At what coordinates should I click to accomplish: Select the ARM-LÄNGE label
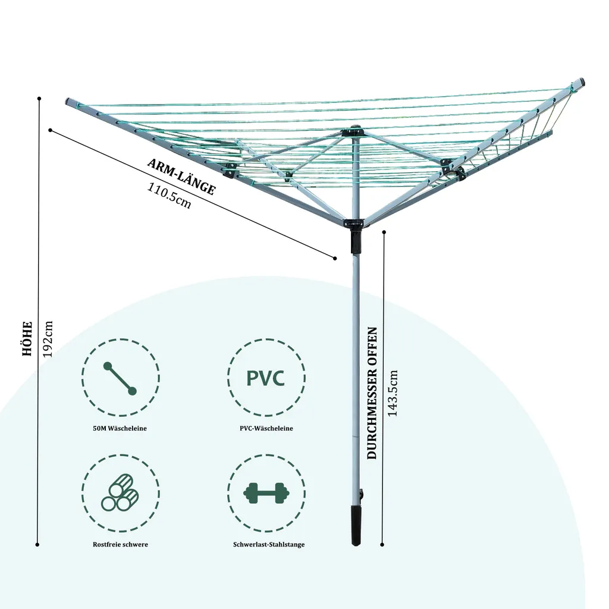click(x=181, y=178)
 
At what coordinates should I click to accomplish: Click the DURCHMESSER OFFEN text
click(x=373, y=393)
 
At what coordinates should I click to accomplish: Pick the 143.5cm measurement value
click(x=393, y=393)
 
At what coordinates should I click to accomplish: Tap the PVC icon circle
click(x=266, y=377)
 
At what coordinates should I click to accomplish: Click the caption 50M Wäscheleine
click(x=120, y=428)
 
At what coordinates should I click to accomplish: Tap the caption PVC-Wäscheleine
click(x=266, y=428)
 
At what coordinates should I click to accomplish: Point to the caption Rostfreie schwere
click(x=120, y=544)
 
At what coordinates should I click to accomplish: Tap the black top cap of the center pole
click(x=355, y=130)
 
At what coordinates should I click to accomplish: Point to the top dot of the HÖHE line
click(x=39, y=98)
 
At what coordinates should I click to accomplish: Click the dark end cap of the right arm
click(x=581, y=80)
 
